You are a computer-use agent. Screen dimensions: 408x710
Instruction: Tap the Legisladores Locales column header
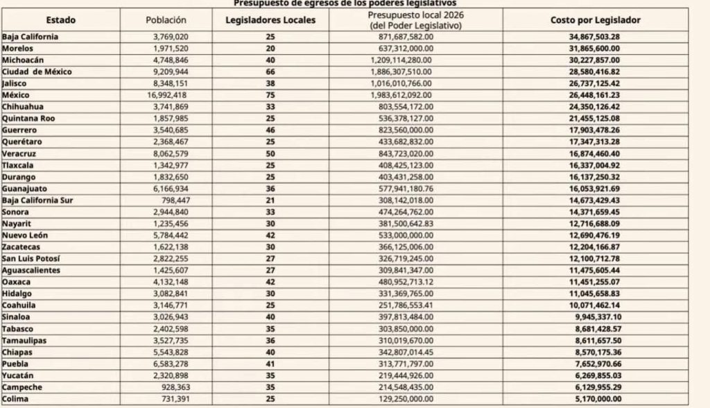pos(270,20)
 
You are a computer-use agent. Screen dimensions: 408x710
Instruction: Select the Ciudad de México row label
pos(37,71)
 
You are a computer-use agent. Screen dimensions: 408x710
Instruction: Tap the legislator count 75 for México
pos(270,94)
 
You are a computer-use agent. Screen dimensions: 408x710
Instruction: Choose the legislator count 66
pos(270,71)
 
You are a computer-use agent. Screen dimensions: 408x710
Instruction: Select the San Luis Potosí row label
pos(33,259)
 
